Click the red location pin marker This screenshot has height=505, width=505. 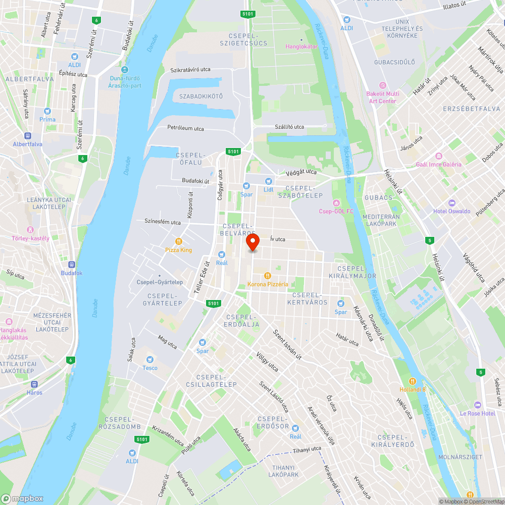[252, 242]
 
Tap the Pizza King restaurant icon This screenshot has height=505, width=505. [178, 241]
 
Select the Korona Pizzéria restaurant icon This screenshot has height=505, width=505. [268, 276]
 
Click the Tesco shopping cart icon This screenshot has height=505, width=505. [149, 359]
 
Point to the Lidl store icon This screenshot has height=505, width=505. [269, 181]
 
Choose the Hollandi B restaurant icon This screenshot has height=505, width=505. [413, 381]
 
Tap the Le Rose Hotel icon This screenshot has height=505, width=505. [478, 405]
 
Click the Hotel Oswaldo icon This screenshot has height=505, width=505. [451, 203]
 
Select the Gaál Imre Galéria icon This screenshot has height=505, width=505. [438, 156]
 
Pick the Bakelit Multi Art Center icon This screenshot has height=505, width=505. [382, 85]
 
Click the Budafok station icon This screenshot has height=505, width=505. [71, 264]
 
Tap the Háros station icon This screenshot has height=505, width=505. [34, 384]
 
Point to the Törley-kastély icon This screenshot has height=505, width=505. [31, 230]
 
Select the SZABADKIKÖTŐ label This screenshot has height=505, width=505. [201, 96]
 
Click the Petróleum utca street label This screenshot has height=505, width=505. [186, 128]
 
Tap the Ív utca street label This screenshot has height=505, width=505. [278, 239]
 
